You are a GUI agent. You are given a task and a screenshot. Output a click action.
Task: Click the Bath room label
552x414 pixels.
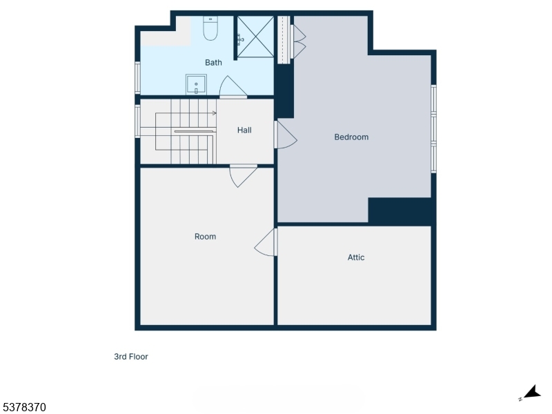pos(213,63)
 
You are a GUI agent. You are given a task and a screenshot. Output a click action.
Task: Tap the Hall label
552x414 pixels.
pos(244,130)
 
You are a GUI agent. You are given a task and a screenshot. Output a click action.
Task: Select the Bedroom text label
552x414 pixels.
pos(351,137)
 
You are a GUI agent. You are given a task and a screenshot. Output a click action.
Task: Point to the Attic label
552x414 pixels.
pos(356,257)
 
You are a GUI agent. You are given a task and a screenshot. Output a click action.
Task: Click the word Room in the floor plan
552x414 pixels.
pos(205,237)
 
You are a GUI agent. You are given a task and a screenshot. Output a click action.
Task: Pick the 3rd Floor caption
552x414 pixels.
pos(131,357)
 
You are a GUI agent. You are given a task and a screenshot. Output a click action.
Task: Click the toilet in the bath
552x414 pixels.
pos(210,29)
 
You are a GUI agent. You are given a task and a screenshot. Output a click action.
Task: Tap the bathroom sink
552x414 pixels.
pos(196,85)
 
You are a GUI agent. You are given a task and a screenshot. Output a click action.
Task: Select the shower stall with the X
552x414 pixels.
pos(255,37)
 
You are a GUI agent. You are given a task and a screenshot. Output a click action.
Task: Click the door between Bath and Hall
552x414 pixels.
pos(233,88)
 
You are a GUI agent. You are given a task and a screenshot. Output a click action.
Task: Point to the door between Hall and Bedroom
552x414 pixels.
pos(285,135)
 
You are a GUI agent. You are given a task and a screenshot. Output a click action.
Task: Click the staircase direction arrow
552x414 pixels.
pos(214,113)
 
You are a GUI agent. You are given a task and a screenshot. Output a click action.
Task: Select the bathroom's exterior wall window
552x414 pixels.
pos(138,77)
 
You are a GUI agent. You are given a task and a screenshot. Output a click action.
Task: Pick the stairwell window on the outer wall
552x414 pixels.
pos(138,121)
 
